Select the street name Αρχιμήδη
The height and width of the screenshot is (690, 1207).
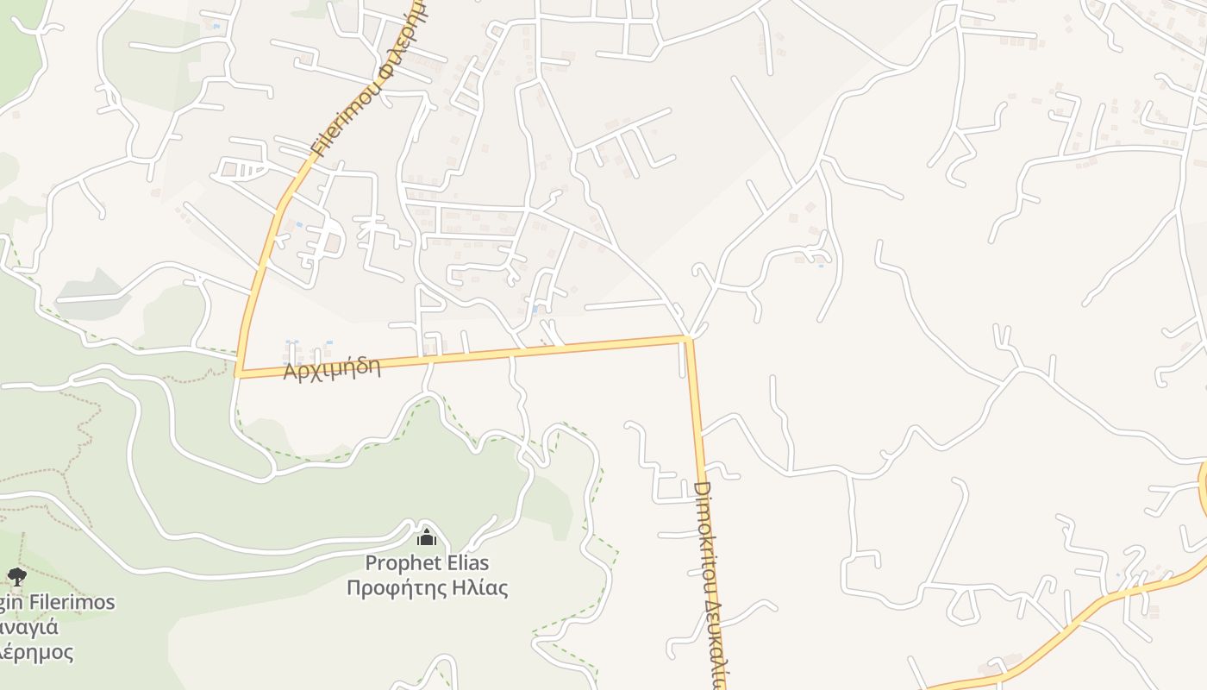[332, 367]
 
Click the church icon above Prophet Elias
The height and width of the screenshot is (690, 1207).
[427, 538]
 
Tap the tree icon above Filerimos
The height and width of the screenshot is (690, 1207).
[16, 577]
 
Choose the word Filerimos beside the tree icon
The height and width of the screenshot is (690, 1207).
[72, 602]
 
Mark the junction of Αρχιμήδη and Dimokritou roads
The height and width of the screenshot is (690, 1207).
[688, 339]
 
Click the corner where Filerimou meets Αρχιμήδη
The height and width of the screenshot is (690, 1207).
[238, 375]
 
